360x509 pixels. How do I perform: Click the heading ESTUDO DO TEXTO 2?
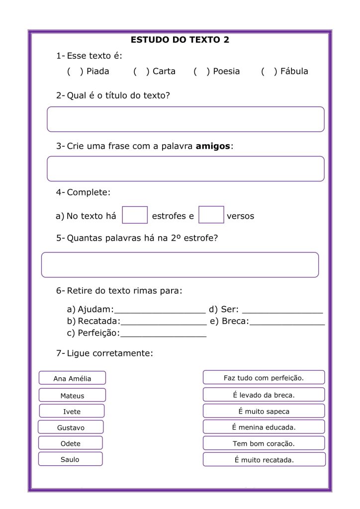click(180, 40)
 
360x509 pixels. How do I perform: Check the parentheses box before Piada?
click(75, 72)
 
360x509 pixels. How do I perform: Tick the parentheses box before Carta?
click(141, 72)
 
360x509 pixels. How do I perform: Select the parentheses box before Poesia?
click(201, 72)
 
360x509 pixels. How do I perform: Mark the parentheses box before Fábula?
click(269, 72)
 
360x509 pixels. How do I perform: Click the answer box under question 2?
click(185, 119)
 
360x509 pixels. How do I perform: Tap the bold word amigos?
click(213, 147)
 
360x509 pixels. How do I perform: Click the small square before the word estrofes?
click(135, 215)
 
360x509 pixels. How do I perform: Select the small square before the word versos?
click(211, 215)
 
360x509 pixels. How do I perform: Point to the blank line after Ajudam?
click(160, 312)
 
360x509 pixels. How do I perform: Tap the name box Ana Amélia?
click(72, 378)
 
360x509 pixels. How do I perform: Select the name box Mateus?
click(72, 396)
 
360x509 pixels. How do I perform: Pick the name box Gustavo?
click(71, 427)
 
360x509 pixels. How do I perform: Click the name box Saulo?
click(70, 459)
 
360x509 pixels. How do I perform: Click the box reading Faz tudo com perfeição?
click(264, 378)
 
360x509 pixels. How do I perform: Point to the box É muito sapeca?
click(264, 412)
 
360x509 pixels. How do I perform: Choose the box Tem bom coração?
click(264, 443)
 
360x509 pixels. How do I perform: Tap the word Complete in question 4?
click(89, 192)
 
